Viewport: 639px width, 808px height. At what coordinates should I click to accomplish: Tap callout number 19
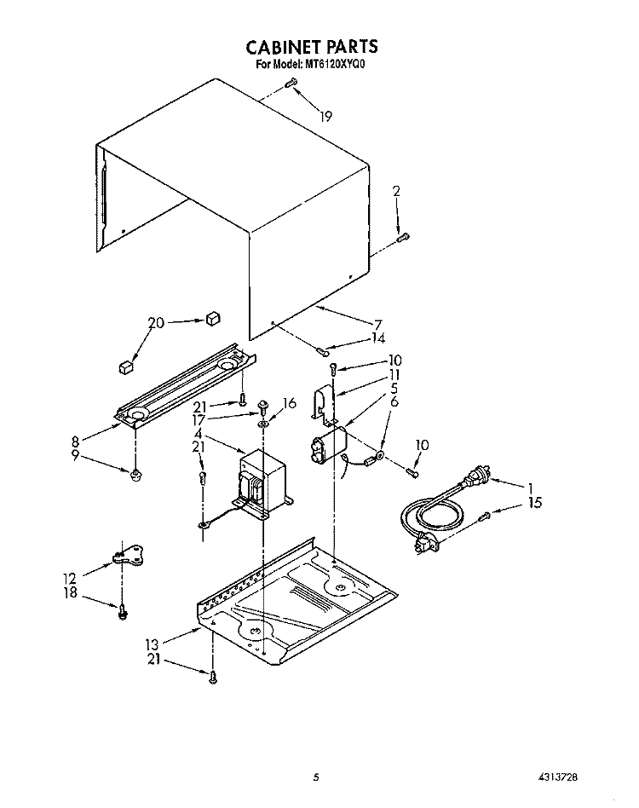click(325, 117)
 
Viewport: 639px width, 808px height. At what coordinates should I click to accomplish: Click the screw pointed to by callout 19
click(292, 83)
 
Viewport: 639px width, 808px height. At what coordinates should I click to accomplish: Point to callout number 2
click(396, 191)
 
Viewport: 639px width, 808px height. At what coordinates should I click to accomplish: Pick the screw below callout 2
click(403, 238)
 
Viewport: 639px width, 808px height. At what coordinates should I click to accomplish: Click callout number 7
click(378, 324)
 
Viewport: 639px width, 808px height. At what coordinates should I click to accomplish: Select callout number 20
click(156, 323)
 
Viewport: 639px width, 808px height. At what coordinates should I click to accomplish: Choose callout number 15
click(535, 502)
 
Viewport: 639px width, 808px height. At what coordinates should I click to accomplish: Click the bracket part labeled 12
click(127, 556)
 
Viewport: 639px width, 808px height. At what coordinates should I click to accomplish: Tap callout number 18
click(71, 592)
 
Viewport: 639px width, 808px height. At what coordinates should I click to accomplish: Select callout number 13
click(152, 644)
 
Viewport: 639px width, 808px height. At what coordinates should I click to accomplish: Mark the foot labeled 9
click(136, 474)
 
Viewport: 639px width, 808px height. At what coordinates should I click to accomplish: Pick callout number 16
click(290, 402)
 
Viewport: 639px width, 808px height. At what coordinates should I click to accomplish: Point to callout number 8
click(75, 442)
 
